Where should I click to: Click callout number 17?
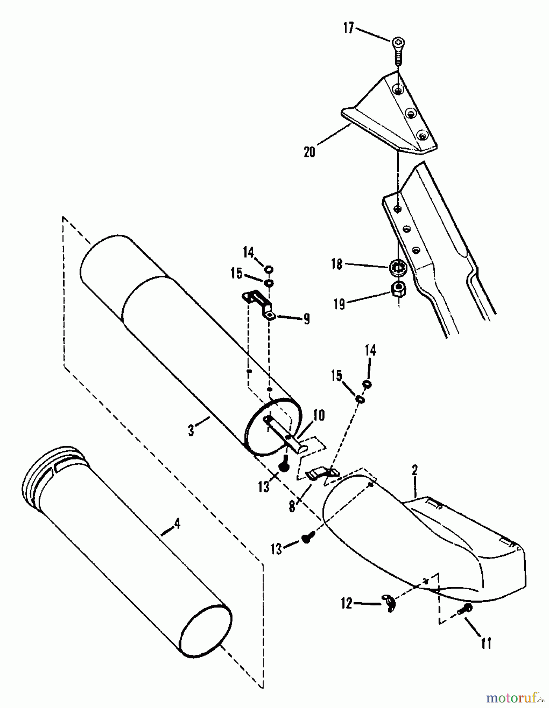click(x=349, y=28)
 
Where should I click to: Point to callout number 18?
click(x=337, y=264)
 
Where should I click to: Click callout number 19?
click(x=339, y=304)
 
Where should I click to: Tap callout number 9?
click(x=306, y=318)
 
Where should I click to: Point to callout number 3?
click(x=191, y=430)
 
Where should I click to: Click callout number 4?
click(x=177, y=524)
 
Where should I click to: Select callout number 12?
click(x=346, y=603)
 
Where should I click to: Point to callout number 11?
click(x=486, y=643)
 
